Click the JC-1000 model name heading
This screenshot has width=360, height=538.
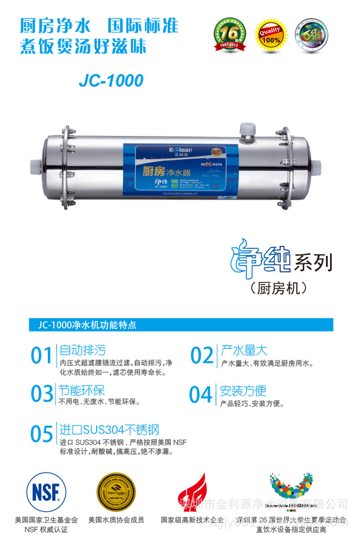[111, 80]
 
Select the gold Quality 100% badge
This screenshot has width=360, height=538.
[269, 34]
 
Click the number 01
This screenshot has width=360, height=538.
[41, 356]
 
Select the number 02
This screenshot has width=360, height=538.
[201, 356]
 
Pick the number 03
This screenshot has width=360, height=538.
[42, 395]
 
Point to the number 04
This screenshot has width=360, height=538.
[201, 395]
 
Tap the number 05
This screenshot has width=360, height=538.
[42, 434]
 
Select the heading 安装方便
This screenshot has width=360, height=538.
[243, 390]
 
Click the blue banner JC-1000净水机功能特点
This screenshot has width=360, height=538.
[181, 324]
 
